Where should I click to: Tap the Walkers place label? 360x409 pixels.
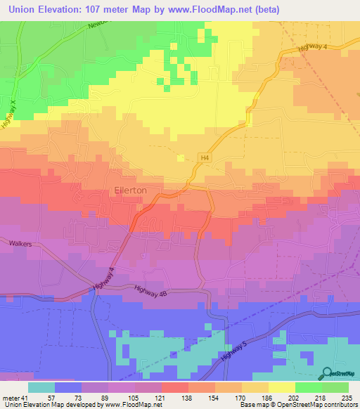click(x=22, y=245)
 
